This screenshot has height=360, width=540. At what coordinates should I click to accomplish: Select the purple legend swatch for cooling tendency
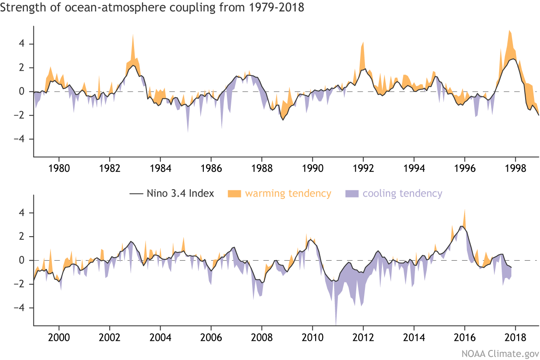(351, 194)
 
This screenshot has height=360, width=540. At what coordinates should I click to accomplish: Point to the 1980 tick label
(59, 167)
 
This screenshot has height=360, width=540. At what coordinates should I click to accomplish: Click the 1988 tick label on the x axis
(262, 167)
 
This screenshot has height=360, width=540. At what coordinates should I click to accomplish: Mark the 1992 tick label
(363, 167)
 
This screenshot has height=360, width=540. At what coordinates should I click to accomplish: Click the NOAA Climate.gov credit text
(499, 351)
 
